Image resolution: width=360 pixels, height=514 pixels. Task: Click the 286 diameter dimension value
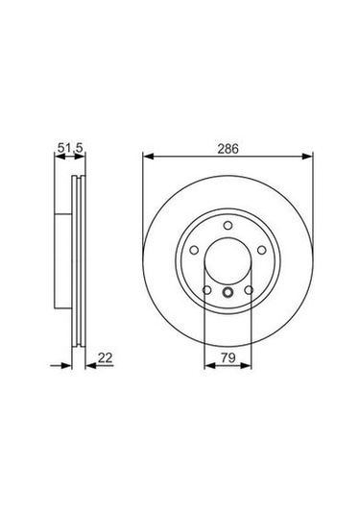[x=228, y=148]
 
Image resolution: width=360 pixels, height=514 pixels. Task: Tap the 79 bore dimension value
[x=228, y=357]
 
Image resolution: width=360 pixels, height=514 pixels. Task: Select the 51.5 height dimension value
[x=63, y=148]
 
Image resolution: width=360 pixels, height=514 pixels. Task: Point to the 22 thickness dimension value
[x=105, y=357]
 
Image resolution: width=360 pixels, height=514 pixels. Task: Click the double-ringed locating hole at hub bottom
[x=228, y=294]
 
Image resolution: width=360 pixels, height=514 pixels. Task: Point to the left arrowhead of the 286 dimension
[x=147, y=158]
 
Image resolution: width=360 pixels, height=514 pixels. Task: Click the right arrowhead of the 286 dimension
[x=309, y=158]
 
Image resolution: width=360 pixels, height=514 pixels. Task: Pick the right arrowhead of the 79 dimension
[x=248, y=365]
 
